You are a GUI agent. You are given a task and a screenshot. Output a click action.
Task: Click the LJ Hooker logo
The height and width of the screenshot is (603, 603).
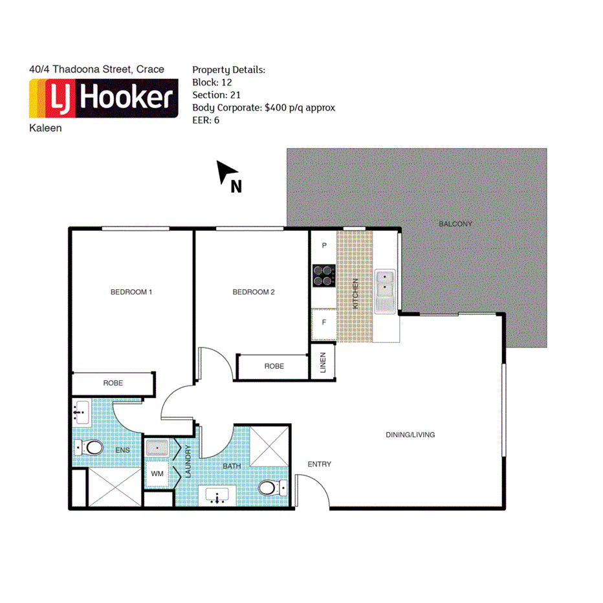104,98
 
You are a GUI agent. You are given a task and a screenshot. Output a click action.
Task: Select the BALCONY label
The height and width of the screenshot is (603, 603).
455,224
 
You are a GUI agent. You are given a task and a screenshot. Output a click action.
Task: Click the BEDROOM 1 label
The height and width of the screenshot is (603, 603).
131,292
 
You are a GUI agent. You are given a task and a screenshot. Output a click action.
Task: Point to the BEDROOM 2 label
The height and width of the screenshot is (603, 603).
254,292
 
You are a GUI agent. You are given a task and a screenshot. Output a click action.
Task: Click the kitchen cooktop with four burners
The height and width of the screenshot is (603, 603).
323,276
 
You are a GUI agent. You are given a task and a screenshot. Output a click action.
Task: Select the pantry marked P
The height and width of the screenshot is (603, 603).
323,247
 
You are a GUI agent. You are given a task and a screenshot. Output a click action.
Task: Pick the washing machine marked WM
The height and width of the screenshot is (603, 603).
157,474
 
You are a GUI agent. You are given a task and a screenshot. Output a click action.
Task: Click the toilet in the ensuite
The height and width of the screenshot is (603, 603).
90,447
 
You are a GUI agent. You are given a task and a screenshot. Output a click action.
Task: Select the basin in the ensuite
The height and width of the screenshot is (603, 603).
82,411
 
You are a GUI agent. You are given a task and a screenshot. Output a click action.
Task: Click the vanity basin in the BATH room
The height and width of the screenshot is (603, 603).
217,496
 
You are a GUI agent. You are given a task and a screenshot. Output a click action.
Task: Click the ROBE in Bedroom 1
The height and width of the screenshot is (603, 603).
113,384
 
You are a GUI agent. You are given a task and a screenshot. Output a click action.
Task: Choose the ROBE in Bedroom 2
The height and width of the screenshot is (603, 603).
274,367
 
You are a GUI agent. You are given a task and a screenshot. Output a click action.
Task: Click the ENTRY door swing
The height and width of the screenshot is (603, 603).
312,490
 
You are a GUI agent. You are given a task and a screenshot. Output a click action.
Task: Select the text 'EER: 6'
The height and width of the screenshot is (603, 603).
206,120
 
